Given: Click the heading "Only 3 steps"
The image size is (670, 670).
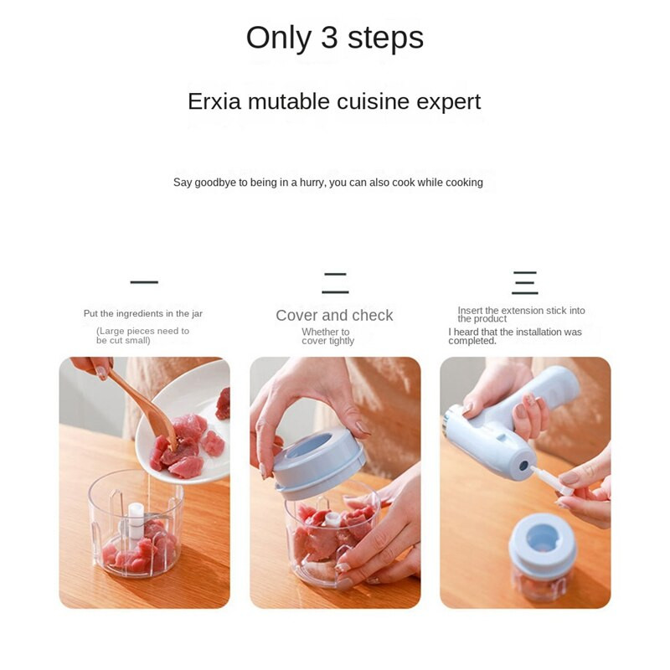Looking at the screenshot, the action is click(334, 38).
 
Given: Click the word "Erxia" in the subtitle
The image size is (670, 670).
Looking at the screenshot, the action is click(214, 101).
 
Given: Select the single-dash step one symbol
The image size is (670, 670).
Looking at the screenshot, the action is click(144, 282).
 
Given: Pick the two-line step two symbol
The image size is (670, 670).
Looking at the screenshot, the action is click(335, 283).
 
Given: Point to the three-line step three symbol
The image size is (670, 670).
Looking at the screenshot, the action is click(525, 283).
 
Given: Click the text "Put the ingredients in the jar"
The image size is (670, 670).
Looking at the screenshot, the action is click(143, 313).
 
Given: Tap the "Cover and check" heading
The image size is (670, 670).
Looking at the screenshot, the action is click(334, 316).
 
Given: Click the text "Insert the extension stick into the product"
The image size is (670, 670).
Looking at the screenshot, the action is click(521, 315).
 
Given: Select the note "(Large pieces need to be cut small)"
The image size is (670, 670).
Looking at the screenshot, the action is click(142, 336).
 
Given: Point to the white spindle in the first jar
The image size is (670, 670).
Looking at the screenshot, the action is click(136, 520).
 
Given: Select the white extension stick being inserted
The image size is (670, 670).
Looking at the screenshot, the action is click(551, 481).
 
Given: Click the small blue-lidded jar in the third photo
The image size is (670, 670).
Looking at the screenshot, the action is click(542, 556).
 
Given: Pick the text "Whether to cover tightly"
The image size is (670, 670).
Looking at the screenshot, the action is click(327, 337).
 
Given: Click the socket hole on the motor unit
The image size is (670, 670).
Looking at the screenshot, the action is click(523, 465).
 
